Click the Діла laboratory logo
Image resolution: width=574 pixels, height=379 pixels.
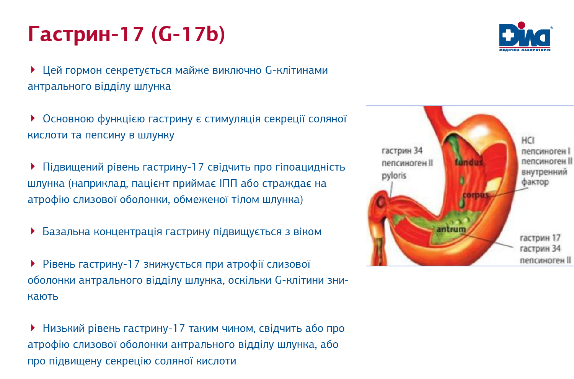[525, 37]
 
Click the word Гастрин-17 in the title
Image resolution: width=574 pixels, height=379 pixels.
[86, 34]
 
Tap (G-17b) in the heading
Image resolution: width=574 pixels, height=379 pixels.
[188, 34]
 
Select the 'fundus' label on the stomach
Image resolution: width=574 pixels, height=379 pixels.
[469, 162]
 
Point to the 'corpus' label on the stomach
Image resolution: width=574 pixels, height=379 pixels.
[476, 195]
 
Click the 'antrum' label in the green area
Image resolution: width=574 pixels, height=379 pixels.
[451, 229]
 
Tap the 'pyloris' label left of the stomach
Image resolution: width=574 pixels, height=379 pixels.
[394, 176]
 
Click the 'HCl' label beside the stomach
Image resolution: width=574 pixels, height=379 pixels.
[528, 140]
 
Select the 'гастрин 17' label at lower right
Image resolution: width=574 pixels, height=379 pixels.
[540, 238]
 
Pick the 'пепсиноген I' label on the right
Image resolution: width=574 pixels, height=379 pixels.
[546, 151]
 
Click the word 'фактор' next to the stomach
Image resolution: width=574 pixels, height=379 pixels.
[535, 182]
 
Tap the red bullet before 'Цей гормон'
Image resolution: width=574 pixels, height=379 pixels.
[33, 69]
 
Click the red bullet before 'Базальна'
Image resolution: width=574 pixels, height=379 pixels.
[33, 231]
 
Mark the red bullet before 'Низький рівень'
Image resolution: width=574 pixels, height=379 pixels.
[33, 328]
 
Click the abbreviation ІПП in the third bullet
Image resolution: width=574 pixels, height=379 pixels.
[228, 183]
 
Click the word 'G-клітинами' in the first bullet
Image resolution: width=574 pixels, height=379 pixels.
[297, 70]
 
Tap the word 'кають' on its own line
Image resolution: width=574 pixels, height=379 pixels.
[43, 296]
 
